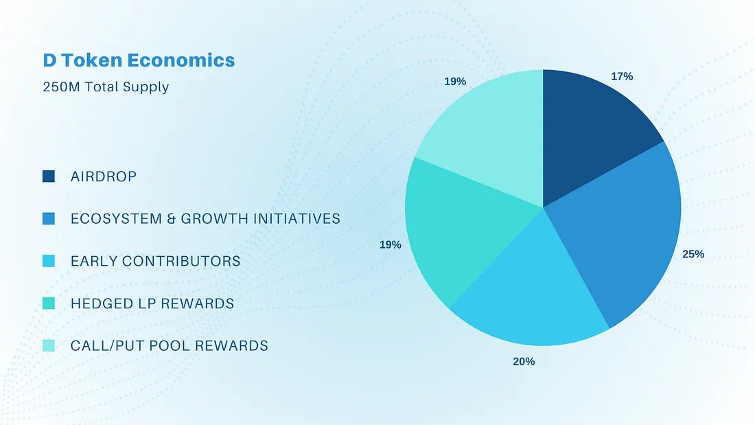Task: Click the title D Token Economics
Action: coord(139,60)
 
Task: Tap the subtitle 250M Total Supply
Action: coord(106,87)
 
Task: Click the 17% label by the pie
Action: coord(622,76)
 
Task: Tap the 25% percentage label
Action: coord(693,254)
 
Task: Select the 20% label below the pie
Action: coord(524,361)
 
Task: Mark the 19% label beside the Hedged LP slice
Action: coord(391,244)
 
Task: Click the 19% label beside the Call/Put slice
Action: coord(455,82)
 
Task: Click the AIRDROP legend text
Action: coord(104,177)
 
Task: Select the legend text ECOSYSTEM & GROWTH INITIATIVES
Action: coord(205,219)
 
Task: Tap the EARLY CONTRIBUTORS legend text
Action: coord(156,262)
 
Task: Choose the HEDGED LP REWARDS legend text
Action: coord(152,303)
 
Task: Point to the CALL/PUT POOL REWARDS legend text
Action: coord(170,345)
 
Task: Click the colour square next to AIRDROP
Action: coord(49,176)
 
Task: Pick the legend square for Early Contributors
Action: coord(49,261)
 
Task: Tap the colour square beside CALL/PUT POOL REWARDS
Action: coord(49,345)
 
